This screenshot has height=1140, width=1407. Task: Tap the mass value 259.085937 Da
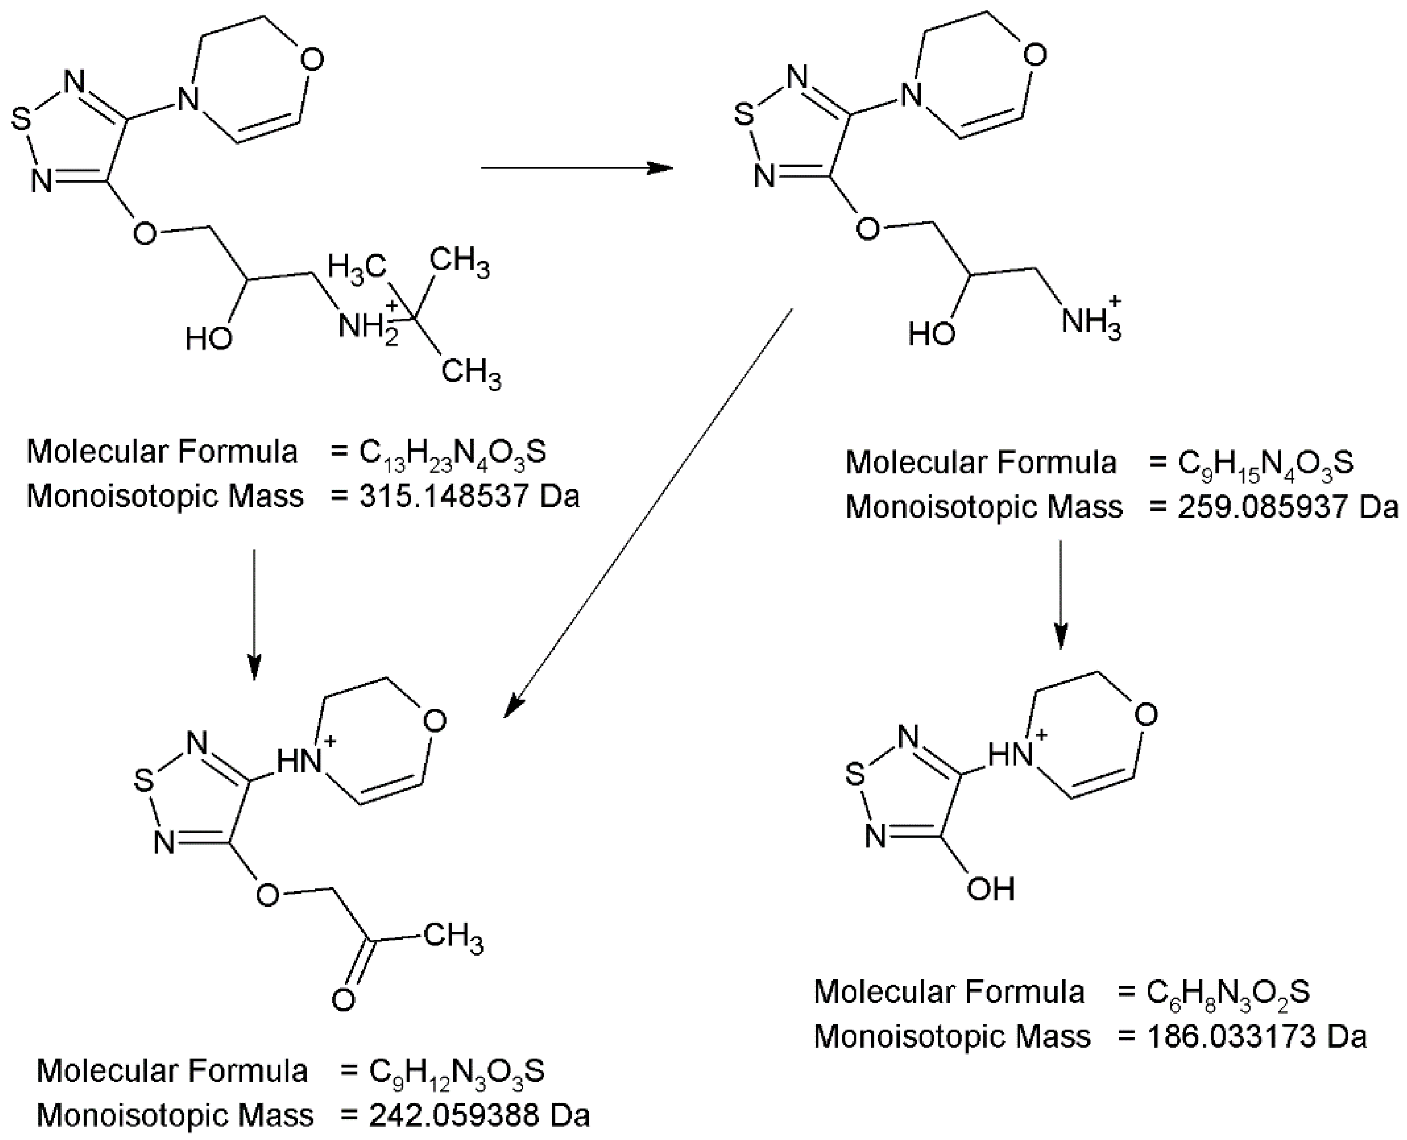1287,507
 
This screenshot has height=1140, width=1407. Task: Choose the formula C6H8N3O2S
1228,992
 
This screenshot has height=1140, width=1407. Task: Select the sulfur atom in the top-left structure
21,120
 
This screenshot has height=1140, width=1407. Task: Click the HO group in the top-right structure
931,334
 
